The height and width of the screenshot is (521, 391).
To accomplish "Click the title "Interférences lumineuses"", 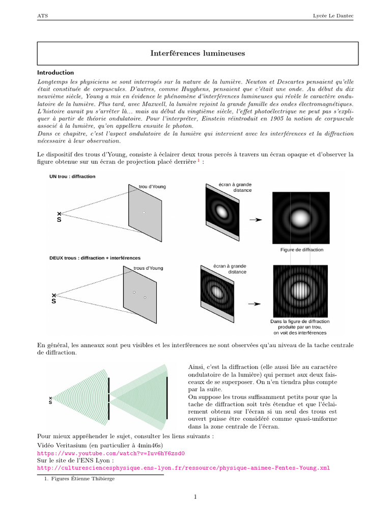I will [198, 53].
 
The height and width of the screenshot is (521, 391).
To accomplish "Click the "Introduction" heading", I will [55, 73].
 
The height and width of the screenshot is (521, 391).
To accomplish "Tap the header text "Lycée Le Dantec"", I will [333, 16].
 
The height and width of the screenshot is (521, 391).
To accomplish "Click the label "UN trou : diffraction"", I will [72, 177].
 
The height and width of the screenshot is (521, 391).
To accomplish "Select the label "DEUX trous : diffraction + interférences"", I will [95, 258].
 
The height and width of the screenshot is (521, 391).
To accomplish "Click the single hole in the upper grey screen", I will [144, 212].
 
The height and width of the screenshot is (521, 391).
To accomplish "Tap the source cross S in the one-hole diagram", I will [59, 214].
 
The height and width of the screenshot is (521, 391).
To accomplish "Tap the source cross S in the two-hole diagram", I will [53, 295].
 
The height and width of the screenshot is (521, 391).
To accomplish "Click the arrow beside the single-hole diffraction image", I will [255, 220].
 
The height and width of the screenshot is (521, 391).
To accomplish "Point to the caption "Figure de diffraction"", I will [301, 250].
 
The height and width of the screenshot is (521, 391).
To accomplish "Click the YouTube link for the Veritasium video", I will [111, 453].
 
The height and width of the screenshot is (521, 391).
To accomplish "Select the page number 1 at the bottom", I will [195, 497].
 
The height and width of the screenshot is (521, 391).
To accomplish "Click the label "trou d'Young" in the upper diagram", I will [152, 187].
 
